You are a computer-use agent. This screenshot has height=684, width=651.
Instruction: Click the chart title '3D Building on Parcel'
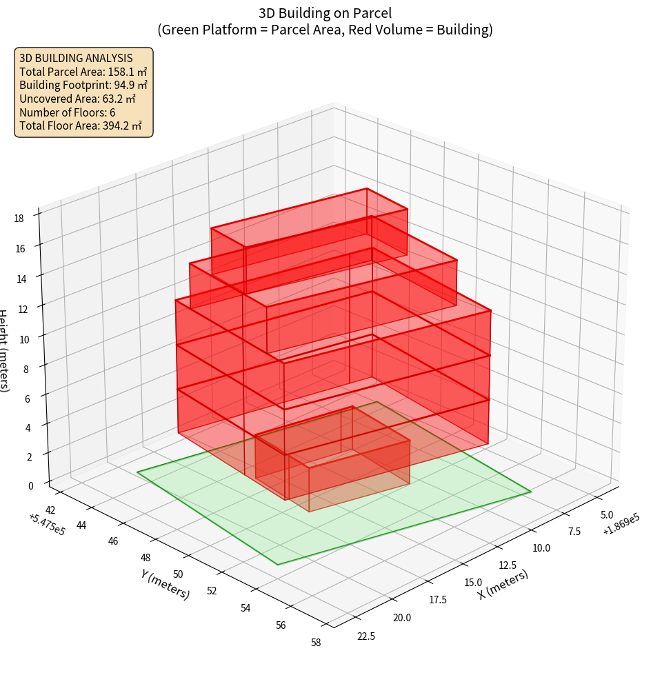click(x=325, y=12)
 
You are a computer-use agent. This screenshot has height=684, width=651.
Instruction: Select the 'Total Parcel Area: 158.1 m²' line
click(x=83, y=72)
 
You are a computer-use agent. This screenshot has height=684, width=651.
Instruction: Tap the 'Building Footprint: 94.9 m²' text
click(x=83, y=85)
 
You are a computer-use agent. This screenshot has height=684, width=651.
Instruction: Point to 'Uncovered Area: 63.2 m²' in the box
click(x=77, y=99)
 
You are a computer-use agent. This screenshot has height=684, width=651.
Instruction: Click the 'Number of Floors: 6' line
click(x=68, y=112)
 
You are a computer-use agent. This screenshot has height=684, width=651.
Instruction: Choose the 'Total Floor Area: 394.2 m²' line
click(x=81, y=125)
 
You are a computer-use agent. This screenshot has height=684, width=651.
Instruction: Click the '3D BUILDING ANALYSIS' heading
click(x=76, y=58)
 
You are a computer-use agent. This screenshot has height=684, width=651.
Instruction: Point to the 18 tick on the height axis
click(x=19, y=219)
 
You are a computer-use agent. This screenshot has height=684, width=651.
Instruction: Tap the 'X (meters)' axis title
click(x=503, y=584)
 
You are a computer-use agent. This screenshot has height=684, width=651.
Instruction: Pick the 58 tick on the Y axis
click(x=316, y=643)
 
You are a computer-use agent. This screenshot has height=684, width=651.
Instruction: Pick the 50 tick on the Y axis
click(x=179, y=574)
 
